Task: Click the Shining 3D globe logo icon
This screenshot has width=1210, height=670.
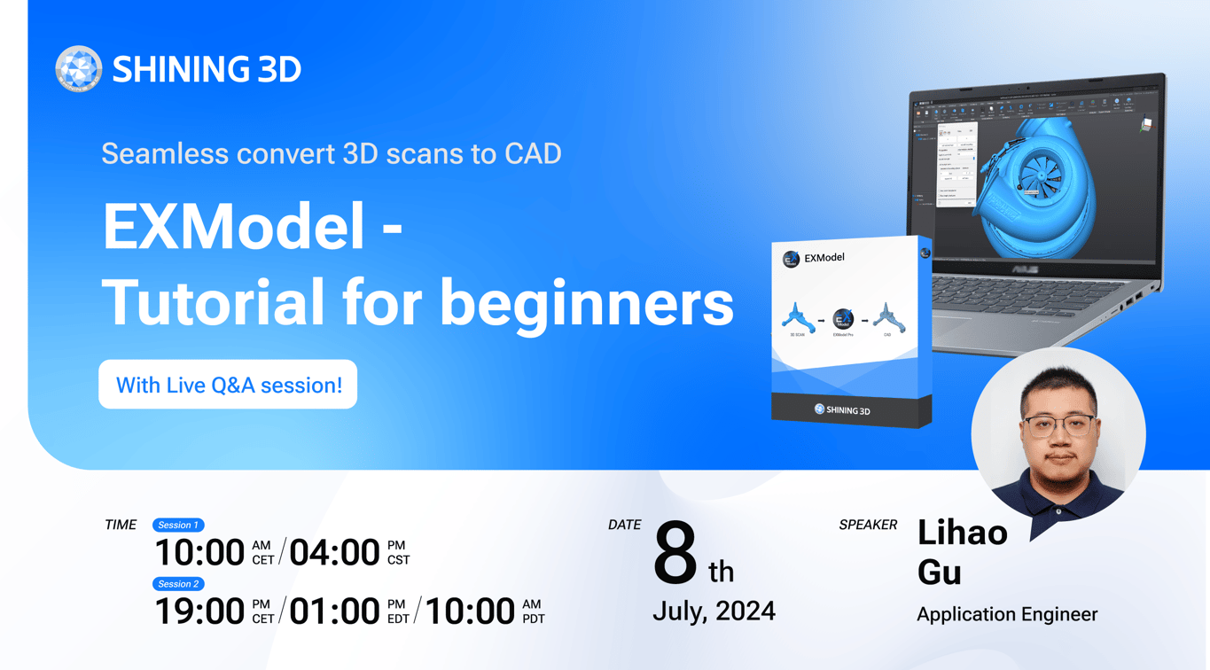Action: click(x=78, y=68)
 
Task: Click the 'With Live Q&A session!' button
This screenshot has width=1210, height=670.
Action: click(x=228, y=385)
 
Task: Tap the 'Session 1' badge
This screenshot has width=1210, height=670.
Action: click(x=178, y=525)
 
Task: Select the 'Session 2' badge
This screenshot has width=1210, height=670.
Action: click(x=178, y=584)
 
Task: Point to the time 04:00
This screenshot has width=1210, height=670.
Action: click(x=334, y=553)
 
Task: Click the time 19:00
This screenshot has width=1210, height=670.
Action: click(x=199, y=612)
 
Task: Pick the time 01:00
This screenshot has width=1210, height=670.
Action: click(x=334, y=612)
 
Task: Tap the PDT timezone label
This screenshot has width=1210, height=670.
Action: click(x=533, y=619)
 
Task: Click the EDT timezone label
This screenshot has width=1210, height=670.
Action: click(x=398, y=619)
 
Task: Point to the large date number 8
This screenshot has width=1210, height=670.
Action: click(x=675, y=555)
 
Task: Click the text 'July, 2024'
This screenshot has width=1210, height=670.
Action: click(x=714, y=612)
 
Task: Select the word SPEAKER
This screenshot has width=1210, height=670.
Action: click(x=868, y=525)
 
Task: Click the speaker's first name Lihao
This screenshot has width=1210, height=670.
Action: click(x=962, y=533)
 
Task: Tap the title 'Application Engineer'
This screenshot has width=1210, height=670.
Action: click(x=1007, y=614)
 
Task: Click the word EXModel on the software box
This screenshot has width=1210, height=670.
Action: click(x=824, y=258)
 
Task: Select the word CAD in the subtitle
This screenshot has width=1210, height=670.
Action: click(x=533, y=153)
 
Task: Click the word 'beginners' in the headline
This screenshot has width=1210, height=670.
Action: click(x=587, y=302)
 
